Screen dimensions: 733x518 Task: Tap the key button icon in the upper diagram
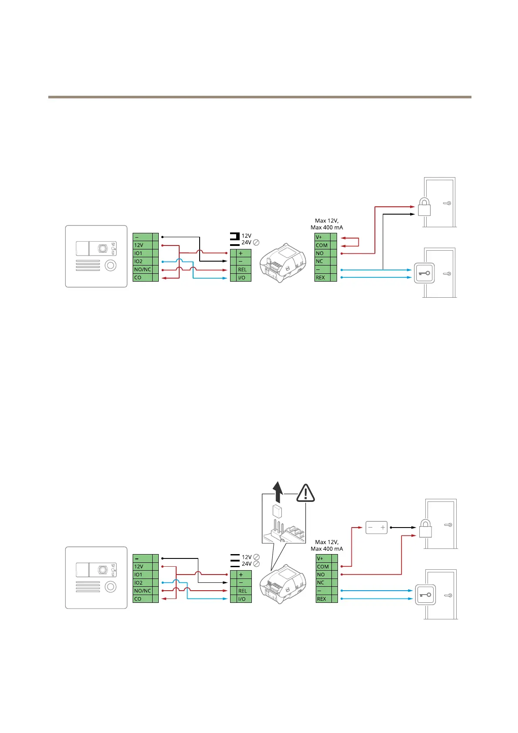pos(424,273)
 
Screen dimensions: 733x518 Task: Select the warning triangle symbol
pos(306,493)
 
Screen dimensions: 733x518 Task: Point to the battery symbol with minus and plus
pos(376,528)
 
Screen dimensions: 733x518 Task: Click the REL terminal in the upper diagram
pos(241,269)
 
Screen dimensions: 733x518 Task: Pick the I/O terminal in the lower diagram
pos(241,599)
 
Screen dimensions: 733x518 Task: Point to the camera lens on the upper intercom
pos(103,249)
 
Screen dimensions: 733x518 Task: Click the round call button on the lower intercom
pos(111,587)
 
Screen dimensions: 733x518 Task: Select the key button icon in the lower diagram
pos(425,595)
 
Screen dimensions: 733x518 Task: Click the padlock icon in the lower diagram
pos(425,529)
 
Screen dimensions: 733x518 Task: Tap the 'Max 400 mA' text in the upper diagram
pos(327,228)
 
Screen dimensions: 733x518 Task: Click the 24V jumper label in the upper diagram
pos(246,243)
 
